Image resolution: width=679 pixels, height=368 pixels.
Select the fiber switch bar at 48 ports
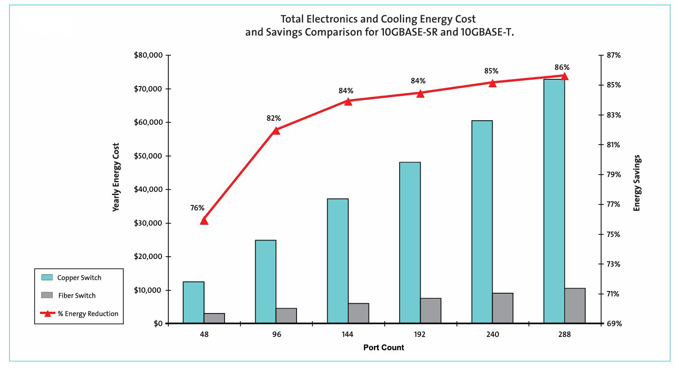tap(214, 318)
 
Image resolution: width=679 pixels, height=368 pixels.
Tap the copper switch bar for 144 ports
tap(337, 261)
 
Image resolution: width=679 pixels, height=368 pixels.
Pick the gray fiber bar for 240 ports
tap(503, 308)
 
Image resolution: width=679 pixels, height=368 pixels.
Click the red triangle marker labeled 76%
tap(204, 220)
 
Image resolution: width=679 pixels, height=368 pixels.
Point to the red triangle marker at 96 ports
tap(276, 130)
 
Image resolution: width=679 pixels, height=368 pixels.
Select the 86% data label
tap(562, 68)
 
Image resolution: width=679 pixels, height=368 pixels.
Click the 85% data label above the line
tap(491, 71)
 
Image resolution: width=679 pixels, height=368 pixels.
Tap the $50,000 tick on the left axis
tap(148, 156)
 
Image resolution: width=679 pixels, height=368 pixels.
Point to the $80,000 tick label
tap(148, 55)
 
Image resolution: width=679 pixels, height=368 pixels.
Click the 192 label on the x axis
tap(419, 334)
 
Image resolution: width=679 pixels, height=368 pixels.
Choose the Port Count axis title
tap(383, 347)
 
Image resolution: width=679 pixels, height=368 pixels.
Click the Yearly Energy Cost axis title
tap(116, 177)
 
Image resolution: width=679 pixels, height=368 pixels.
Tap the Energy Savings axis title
tap(636, 183)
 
